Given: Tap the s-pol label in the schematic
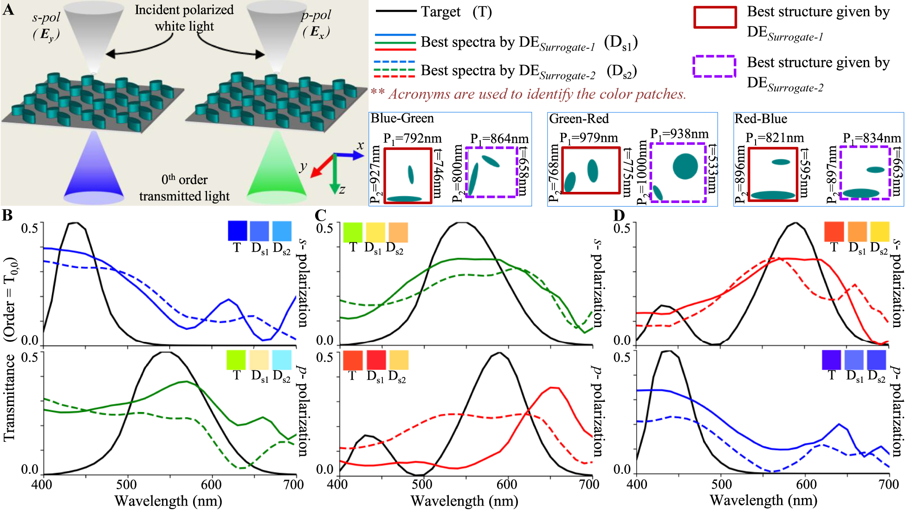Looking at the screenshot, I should coord(46,18).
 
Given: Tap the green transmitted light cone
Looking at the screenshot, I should coord(277,170).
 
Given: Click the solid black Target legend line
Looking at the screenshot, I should coord(395,11).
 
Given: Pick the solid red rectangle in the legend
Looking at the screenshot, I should coord(715,17).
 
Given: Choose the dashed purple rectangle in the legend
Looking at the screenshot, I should coord(714,66).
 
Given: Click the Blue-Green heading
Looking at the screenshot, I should coord(402,118).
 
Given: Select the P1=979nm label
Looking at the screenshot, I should coord(588,138).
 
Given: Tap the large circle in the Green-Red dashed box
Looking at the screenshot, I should coord(685,166).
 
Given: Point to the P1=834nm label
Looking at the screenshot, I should coord(872,138).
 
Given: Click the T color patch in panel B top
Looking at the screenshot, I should coord(237,231).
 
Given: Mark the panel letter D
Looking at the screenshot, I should coord(619,215).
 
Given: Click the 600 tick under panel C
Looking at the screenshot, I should coord(506,485).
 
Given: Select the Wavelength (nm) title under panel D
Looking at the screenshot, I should coord(763,501).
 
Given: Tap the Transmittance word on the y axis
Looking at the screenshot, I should coord(9,397).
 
